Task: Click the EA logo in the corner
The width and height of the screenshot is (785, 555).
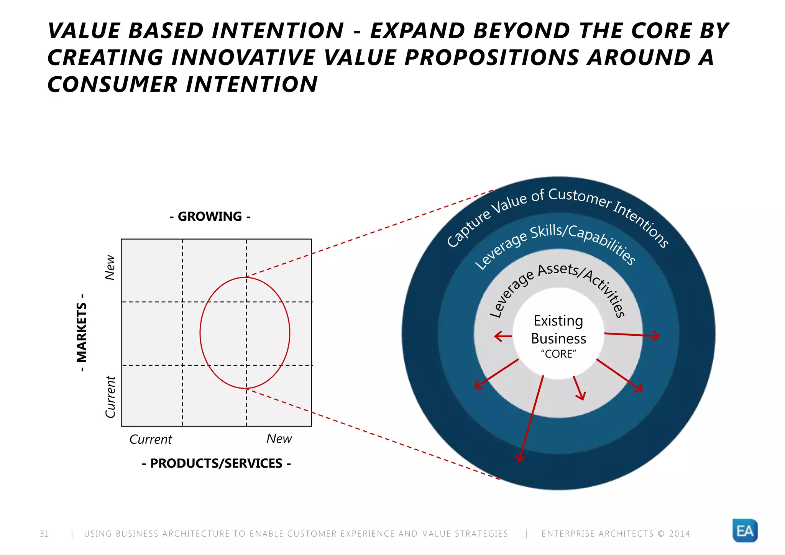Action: click(745, 530)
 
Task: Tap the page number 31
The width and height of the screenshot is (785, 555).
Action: click(44, 534)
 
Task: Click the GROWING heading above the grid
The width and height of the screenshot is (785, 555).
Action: click(210, 217)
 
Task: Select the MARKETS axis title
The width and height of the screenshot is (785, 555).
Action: click(82, 332)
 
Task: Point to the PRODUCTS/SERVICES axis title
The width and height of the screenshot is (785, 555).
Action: click(216, 463)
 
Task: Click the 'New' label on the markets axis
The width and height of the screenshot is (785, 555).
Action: click(110, 267)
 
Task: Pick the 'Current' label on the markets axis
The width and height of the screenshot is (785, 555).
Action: click(110, 397)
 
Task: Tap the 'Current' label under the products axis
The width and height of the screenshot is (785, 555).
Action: click(151, 439)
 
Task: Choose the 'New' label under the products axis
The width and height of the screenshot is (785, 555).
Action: click(279, 438)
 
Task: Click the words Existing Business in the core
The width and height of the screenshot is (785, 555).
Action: click(558, 330)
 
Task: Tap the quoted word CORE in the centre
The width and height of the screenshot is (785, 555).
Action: click(558, 354)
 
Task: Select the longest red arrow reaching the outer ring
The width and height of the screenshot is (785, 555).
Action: click(531, 418)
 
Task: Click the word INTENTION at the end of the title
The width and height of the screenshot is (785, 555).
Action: click(252, 84)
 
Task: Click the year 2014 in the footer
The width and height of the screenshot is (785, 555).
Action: click(679, 534)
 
